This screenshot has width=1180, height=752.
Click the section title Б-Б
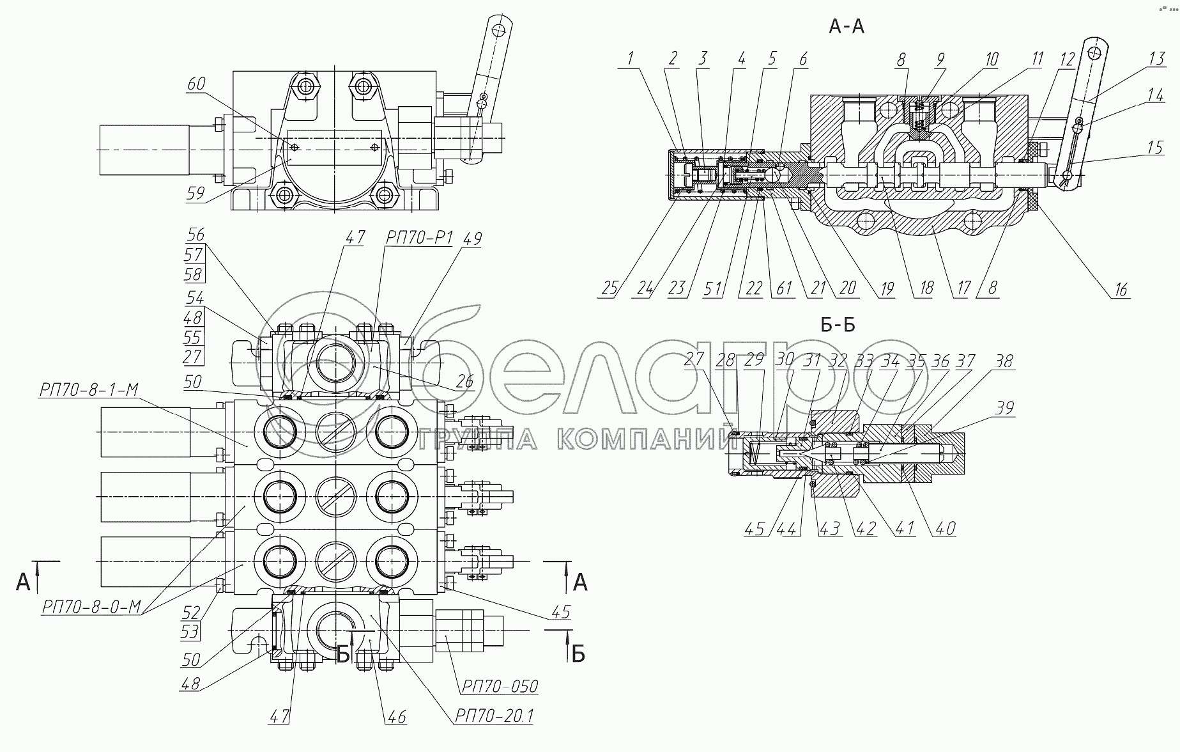(x=838, y=325)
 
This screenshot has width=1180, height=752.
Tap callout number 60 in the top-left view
(x=196, y=84)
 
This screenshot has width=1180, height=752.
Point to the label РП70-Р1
(x=418, y=238)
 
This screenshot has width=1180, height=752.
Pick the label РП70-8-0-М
(x=90, y=607)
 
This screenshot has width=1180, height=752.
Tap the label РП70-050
(x=498, y=686)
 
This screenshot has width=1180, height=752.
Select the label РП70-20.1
(x=493, y=717)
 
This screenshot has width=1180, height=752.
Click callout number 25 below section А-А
(x=609, y=288)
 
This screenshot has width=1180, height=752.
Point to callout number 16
(x=1121, y=289)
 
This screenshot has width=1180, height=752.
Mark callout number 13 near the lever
(x=1156, y=59)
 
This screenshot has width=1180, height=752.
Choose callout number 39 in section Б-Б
(x=1005, y=408)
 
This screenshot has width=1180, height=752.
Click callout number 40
(x=945, y=528)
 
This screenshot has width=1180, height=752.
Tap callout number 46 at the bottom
(x=396, y=716)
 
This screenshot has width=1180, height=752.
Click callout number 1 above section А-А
(x=631, y=59)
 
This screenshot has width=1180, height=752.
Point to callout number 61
(x=783, y=288)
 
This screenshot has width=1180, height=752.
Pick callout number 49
(x=473, y=239)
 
